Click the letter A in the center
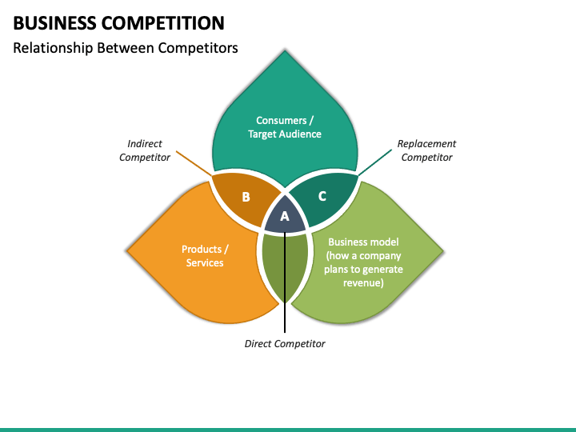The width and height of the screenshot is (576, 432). click(x=285, y=216)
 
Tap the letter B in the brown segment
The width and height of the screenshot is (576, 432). click(x=246, y=198)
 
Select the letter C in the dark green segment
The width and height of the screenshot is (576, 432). click(x=322, y=196)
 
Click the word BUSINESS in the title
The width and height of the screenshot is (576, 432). click(x=54, y=23)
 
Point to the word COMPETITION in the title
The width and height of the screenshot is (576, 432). click(x=162, y=23)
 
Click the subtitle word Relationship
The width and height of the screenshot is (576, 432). click(x=53, y=48)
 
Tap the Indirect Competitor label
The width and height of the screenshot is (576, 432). click(x=144, y=150)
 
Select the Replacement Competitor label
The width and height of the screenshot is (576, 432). click(x=426, y=150)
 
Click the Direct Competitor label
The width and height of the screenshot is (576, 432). click(x=285, y=344)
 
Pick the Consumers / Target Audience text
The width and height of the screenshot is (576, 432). click(x=285, y=127)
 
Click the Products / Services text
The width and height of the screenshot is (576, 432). click(x=205, y=256)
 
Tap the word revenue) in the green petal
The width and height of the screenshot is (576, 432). click(x=363, y=283)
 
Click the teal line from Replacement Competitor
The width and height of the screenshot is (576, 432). click(x=375, y=162)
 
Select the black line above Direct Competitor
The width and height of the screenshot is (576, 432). click(x=285, y=282)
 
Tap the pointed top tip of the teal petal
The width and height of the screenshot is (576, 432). click(x=285, y=50)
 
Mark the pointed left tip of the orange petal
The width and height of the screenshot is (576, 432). click(x=127, y=251)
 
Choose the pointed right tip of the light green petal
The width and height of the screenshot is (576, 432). click(x=443, y=251)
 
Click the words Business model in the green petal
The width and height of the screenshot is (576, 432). click(x=363, y=242)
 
